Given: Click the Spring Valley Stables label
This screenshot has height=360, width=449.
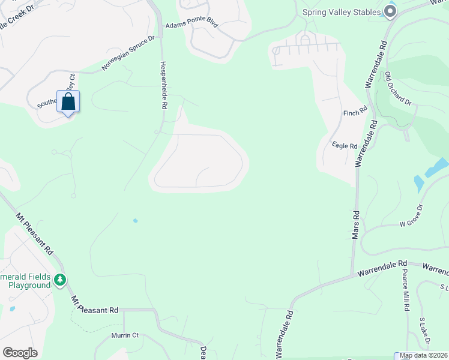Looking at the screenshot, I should pyautogui.click(x=342, y=12).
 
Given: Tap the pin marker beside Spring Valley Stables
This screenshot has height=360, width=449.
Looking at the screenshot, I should pyautogui.click(x=391, y=11).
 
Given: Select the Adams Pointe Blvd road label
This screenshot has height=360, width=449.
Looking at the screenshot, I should pyautogui.click(x=191, y=26).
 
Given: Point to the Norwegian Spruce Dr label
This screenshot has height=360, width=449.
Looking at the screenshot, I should pyautogui.click(x=128, y=53).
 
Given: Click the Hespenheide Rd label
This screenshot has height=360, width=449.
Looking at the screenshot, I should pyautogui.click(x=163, y=85).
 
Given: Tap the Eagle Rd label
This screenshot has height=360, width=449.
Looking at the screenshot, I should pyautogui.click(x=345, y=146).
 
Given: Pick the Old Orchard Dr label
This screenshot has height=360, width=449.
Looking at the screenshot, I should pyautogui.click(x=399, y=88).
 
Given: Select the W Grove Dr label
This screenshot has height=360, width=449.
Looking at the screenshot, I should pyautogui.click(x=411, y=224).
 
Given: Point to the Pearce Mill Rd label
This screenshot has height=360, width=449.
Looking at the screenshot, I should pyautogui.click(x=406, y=289).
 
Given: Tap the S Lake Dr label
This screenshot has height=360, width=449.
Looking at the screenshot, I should pyautogui.click(x=424, y=332).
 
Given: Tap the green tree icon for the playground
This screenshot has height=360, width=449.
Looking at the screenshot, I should pyautogui.click(x=59, y=280).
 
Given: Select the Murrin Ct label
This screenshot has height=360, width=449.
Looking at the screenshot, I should pyautogui.click(x=125, y=335).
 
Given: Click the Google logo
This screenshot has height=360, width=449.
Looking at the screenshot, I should pyautogui.click(x=20, y=353).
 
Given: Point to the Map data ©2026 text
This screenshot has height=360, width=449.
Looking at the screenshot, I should pyautogui.click(x=424, y=355).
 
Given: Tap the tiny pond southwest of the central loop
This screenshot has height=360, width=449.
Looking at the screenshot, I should pyautogui.click(x=135, y=221).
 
